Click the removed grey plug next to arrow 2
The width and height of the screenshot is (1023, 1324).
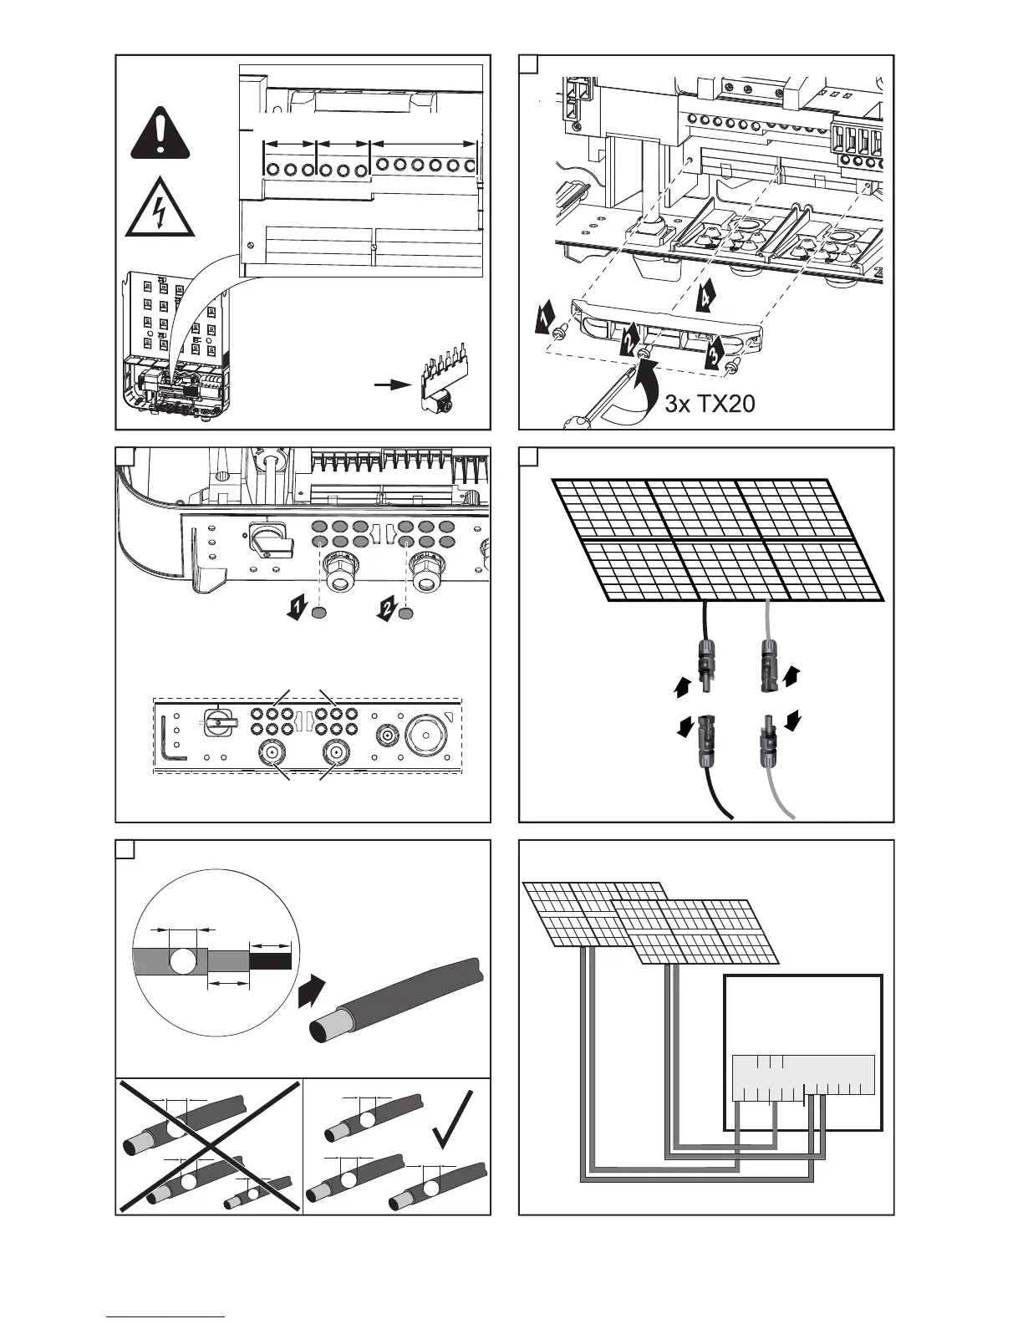tap(406, 614)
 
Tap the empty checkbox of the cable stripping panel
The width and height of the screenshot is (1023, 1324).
tap(125, 849)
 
